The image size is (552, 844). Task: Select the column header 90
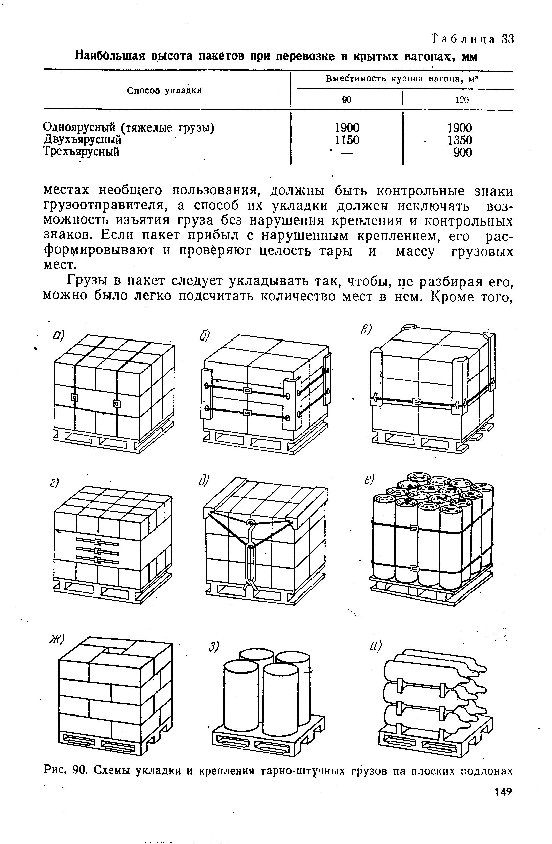347,100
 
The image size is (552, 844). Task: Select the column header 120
462,100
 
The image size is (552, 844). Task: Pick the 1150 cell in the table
347,140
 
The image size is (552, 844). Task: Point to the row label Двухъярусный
82,140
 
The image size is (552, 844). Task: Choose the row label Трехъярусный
81,152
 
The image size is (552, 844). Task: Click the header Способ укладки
164,91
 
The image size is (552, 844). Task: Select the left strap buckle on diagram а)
74,397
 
